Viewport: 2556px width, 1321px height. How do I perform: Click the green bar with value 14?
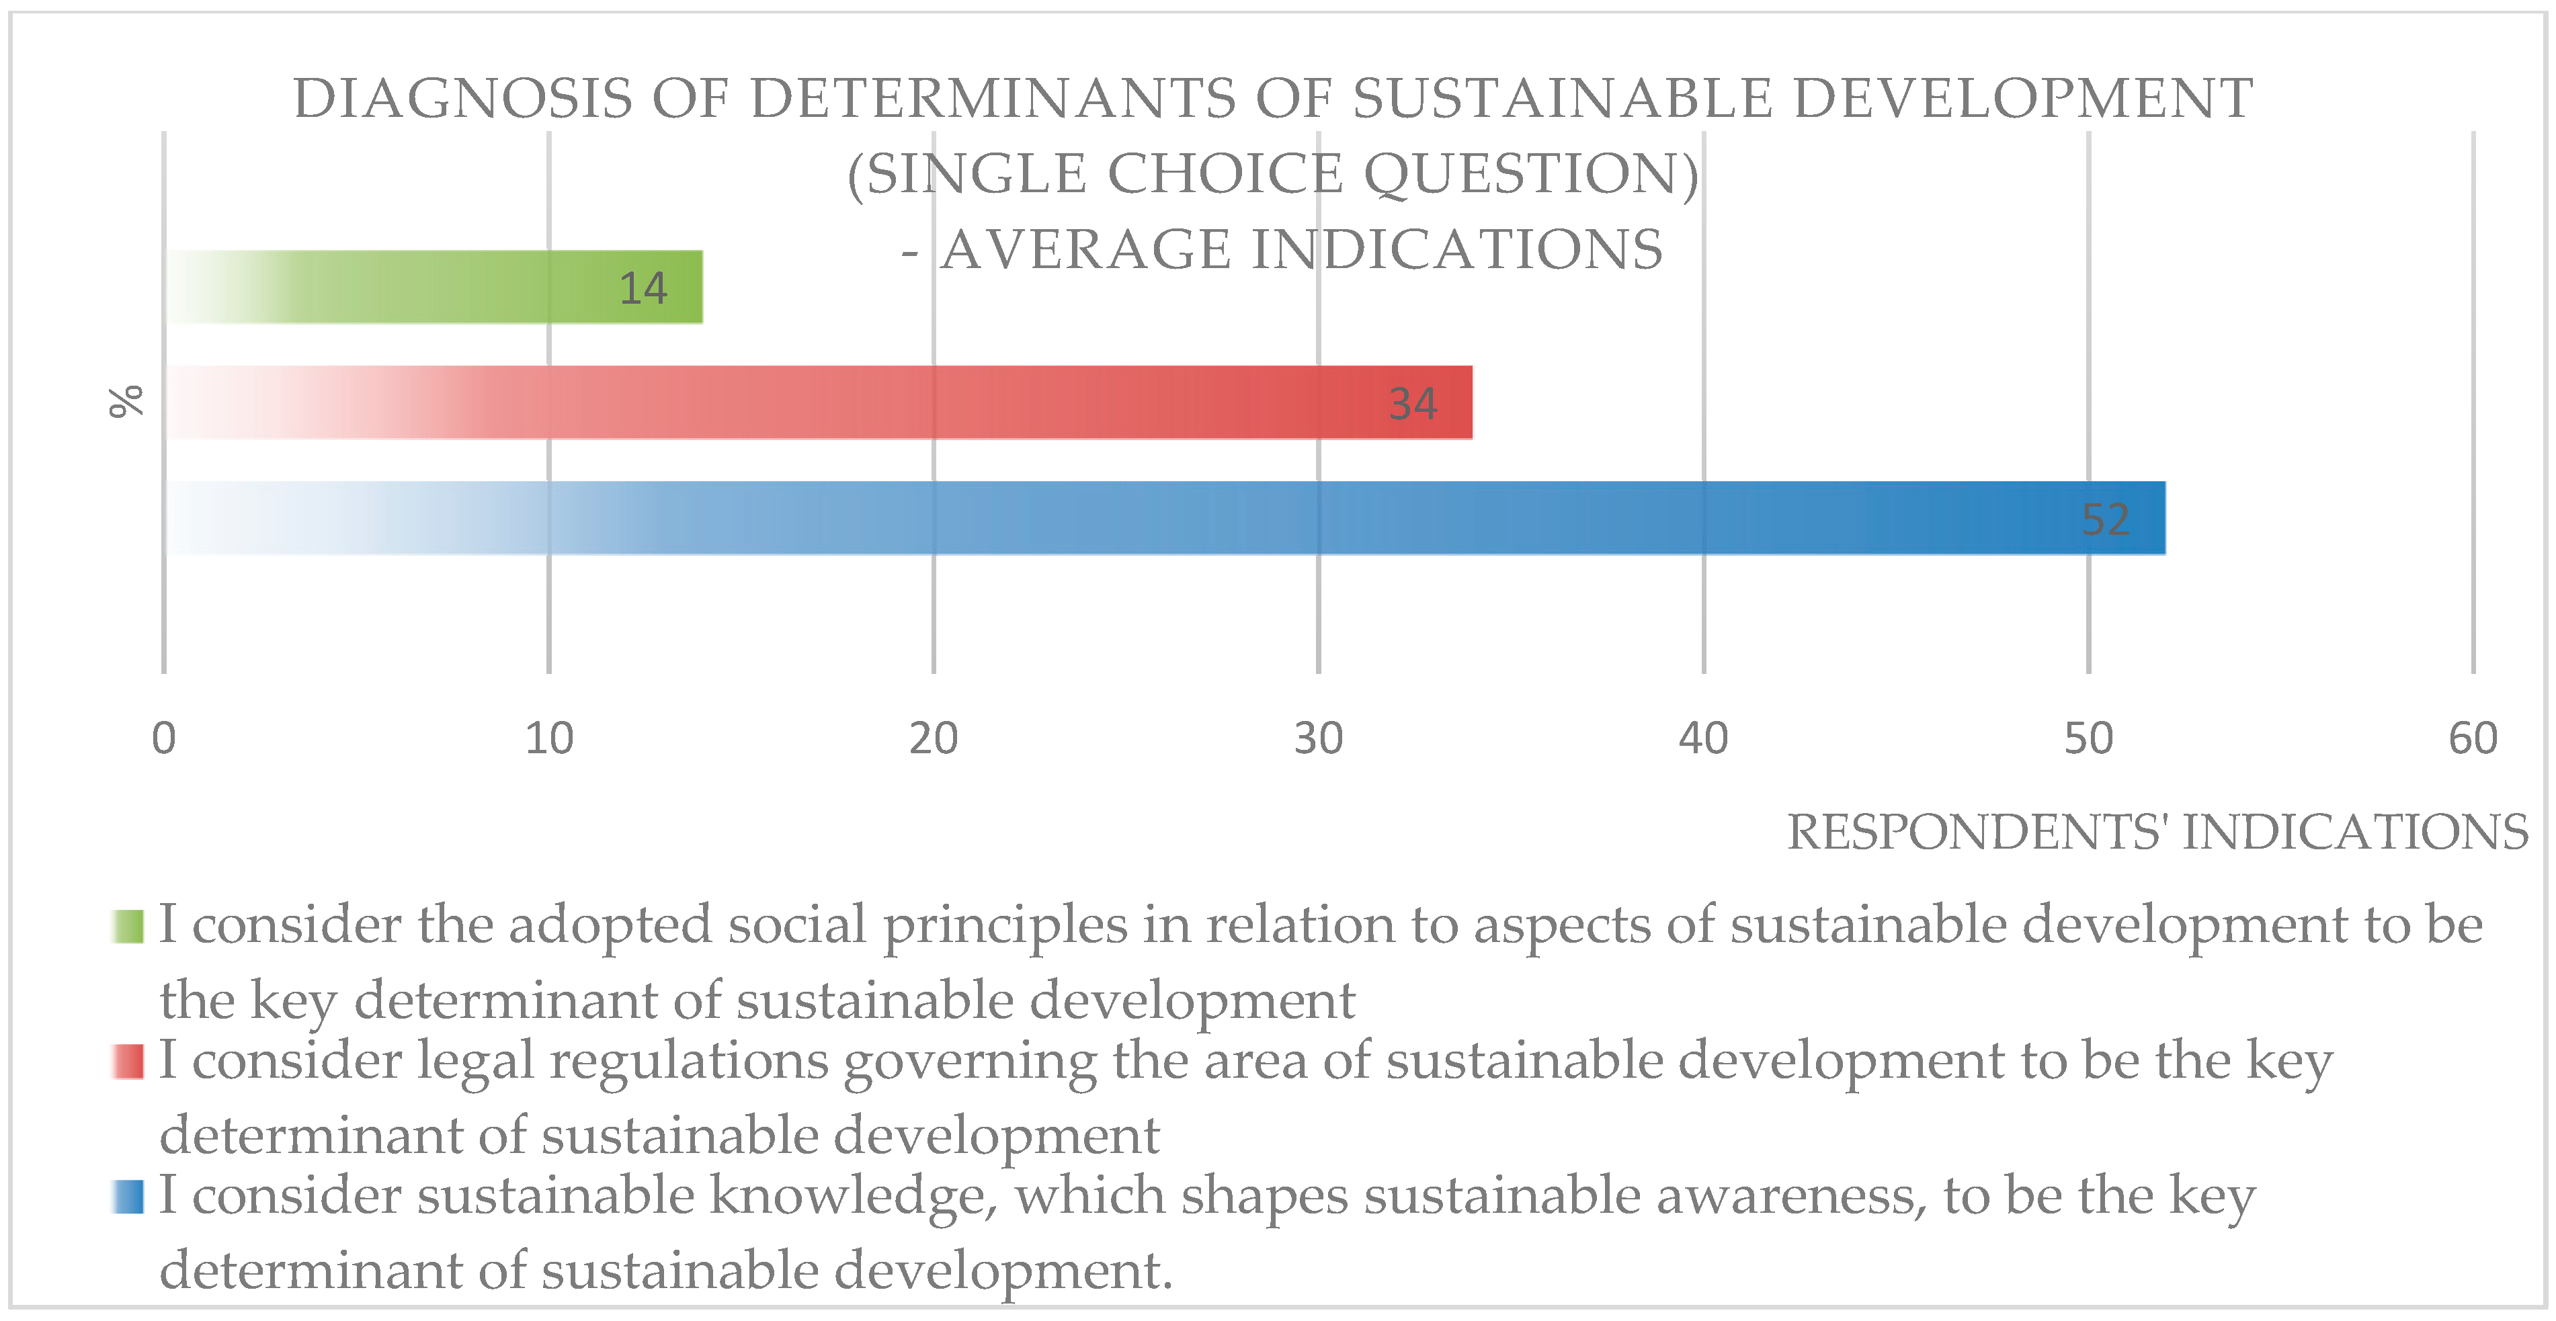[x=434, y=287]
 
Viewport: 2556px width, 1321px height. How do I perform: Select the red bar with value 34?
[x=819, y=402]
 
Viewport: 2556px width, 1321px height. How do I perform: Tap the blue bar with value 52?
[x=1165, y=517]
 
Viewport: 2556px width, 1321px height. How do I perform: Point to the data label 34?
[x=1412, y=404]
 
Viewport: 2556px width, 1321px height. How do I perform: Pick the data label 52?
[x=2104, y=519]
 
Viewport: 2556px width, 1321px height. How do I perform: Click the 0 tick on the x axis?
[x=164, y=739]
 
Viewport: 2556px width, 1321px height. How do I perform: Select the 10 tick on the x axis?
[x=548, y=739]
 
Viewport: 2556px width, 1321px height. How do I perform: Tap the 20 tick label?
[x=934, y=739]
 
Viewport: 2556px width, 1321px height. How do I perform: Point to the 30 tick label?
[x=1319, y=739]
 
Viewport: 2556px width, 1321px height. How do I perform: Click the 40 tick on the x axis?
[x=1704, y=739]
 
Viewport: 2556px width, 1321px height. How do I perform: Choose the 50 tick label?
[x=2089, y=739]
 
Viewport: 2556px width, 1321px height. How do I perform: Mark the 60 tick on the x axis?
[x=2473, y=739]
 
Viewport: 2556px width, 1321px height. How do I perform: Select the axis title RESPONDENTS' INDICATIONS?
[x=2157, y=832]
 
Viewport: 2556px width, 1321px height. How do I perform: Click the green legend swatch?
[x=128, y=927]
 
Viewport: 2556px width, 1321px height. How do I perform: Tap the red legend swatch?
[x=128, y=1061]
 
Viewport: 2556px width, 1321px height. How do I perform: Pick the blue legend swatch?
[x=128, y=1196]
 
